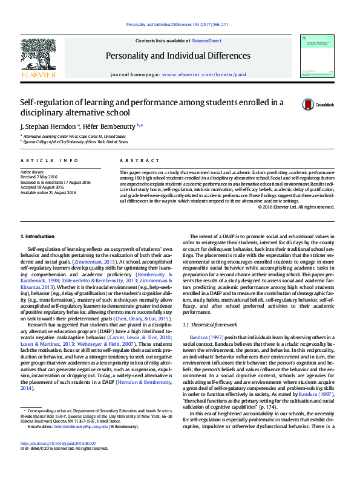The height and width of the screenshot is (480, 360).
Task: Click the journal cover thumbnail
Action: pos(316,56)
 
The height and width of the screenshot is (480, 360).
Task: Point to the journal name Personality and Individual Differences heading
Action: pos(177,56)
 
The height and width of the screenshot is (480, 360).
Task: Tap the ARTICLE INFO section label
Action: pos(50,160)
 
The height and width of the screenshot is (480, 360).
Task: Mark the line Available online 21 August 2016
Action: pos(48,193)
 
